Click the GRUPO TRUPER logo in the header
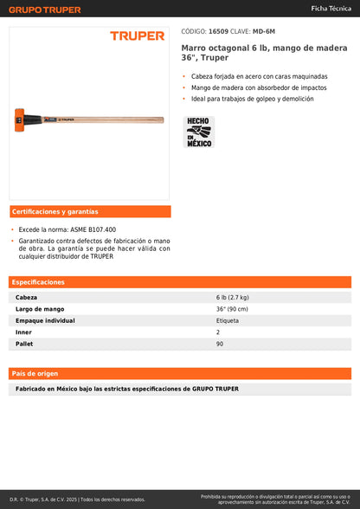(x=45, y=10)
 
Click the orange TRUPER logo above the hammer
(x=137, y=35)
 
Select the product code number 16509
(x=218, y=31)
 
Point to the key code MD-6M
(x=264, y=31)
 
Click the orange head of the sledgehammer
(x=19, y=117)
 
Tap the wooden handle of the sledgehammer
(x=112, y=117)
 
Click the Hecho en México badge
(x=199, y=132)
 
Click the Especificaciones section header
(x=38, y=282)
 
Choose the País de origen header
(x=35, y=373)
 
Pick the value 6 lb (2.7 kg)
(x=234, y=297)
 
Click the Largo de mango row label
(x=40, y=309)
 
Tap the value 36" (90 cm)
(x=232, y=309)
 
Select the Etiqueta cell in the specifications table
(x=228, y=320)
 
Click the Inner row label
(x=23, y=332)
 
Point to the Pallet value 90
(x=220, y=344)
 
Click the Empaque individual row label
(x=46, y=320)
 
